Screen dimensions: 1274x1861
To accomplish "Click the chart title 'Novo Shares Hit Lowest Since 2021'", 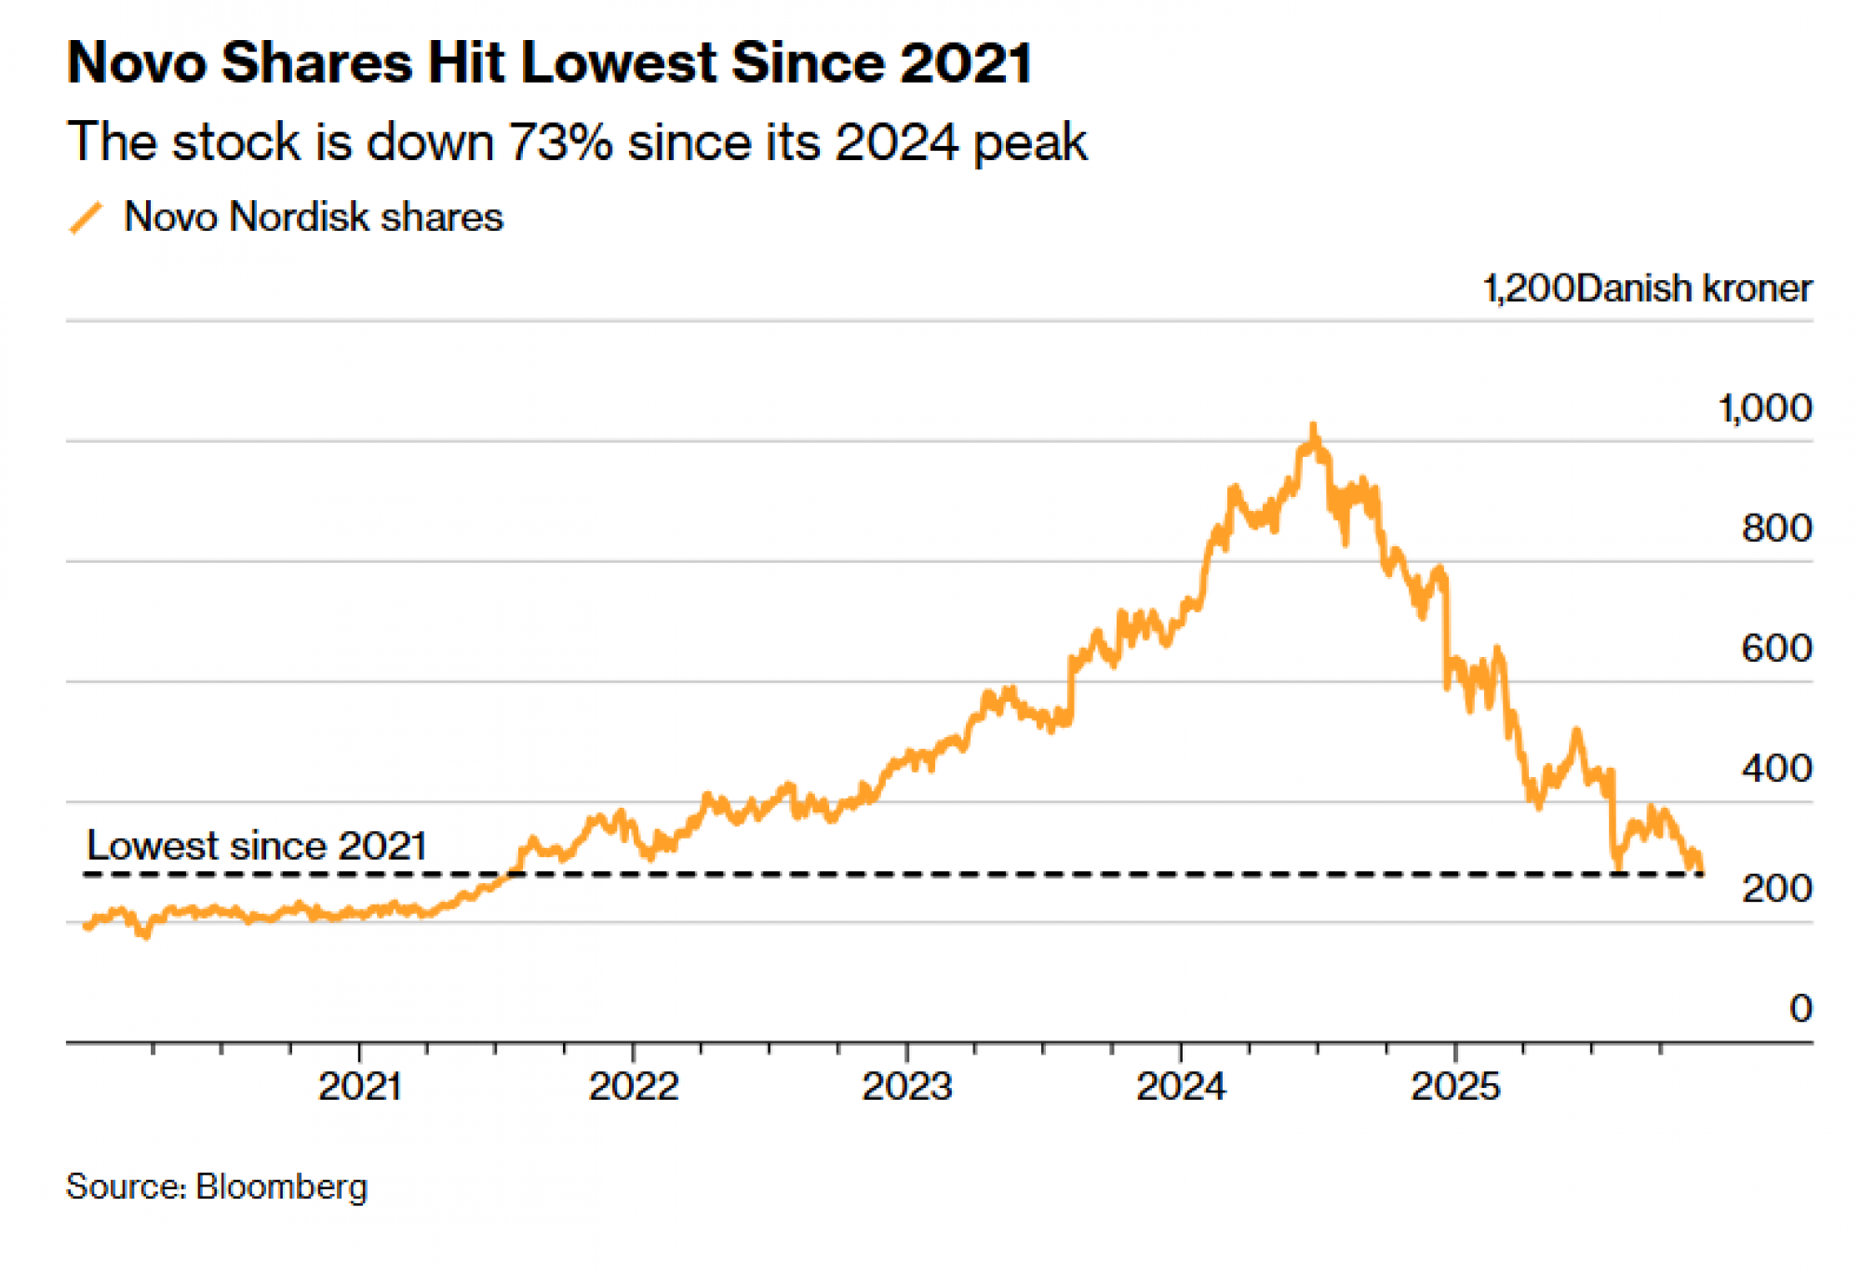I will pos(549,63).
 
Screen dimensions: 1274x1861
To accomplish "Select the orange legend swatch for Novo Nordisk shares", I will pos(86,218).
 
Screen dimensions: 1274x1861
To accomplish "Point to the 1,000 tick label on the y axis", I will pos(1764,409).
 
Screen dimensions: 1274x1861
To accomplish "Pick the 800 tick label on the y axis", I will pos(1776,529).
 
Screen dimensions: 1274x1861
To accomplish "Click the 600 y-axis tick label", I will pos(1776,649).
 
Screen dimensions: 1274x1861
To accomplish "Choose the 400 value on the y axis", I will pos(1776,769).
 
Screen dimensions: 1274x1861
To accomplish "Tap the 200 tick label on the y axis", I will pos(1776,889).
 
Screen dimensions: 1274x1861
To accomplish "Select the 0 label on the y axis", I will pos(1801,1009).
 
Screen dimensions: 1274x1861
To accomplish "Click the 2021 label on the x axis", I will pos(360,1087).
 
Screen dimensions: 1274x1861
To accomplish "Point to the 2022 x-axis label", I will pos(634,1087).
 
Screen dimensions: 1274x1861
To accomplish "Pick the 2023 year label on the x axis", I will pos(907,1087).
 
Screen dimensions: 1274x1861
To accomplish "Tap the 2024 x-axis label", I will pos(1181,1087).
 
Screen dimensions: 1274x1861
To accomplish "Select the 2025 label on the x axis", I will pos(1455,1087).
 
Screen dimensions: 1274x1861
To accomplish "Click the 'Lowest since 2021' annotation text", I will pos(257,846).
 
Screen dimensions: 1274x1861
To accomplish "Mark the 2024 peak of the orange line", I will pos(1314,427).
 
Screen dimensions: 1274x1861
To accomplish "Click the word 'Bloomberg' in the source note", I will pos(282,1187).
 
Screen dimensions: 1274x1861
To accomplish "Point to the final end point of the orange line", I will pos(1701,871).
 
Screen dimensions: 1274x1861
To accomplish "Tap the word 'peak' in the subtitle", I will pos(1030,142).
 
